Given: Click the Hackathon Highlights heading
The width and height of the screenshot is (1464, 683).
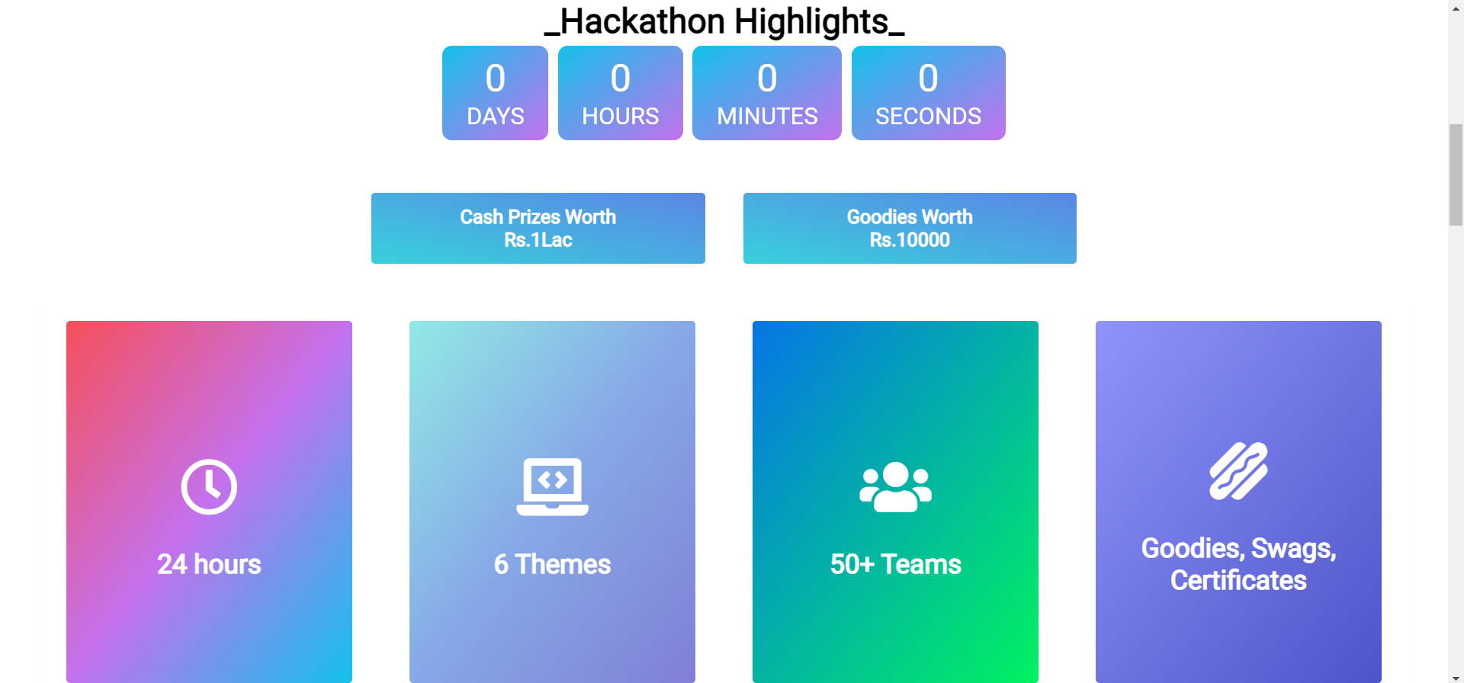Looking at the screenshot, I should pyautogui.click(x=724, y=21).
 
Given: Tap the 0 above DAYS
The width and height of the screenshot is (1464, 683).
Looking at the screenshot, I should pyautogui.click(x=496, y=79).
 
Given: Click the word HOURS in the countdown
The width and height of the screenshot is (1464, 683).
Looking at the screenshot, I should pyautogui.click(x=620, y=116).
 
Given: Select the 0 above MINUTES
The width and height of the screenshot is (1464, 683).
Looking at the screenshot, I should pyautogui.click(x=767, y=79).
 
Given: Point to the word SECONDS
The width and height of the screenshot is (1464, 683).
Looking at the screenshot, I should pyautogui.click(x=928, y=116).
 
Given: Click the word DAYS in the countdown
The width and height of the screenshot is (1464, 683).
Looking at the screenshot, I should pyautogui.click(x=496, y=116).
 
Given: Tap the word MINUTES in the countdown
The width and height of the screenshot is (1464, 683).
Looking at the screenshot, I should pyautogui.click(x=767, y=116).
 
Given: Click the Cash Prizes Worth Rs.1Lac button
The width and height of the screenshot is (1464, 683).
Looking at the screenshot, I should pyautogui.click(x=538, y=228).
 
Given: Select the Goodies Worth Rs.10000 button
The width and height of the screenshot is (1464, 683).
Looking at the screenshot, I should pyautogui.click(x=910, y=228).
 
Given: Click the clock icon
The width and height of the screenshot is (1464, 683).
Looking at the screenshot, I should pyautogui.click(x=209, y=486).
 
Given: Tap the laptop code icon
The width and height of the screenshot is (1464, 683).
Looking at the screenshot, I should pyautogui.click(x=552, y=486).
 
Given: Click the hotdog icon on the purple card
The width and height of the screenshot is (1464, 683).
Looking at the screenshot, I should pyautogui.click(x=1238, y=471).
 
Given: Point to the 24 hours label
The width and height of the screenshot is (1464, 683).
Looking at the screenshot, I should pyautogui.click(x=209, y=564).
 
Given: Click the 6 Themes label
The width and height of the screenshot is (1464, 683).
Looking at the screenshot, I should pyautogui.click(x=552, y=564).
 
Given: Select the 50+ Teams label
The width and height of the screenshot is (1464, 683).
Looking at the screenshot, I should pyautogui.click(x=895, y=564).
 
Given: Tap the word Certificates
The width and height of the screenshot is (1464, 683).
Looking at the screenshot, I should pyautogui.click(x=1238, y=581).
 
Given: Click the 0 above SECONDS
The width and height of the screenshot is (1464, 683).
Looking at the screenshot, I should pyautogui.click(x=928, y=79).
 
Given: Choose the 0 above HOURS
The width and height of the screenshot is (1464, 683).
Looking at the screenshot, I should pyautogui.click(x=620, y=79).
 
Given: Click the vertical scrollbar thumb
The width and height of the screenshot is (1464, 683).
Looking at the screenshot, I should pyautogui.click(x=1456, y=175).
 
